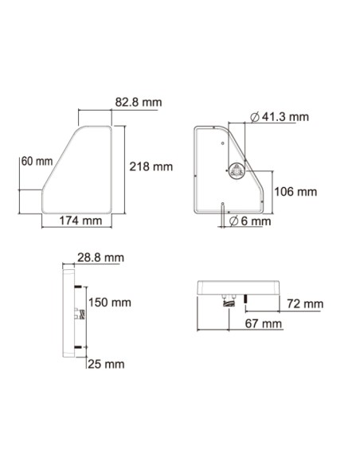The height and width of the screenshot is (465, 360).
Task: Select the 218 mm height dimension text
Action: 151,166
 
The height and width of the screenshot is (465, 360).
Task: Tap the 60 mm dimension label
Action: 37,161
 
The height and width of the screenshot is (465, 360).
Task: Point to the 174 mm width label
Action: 80,221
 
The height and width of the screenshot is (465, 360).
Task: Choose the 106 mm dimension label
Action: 295,192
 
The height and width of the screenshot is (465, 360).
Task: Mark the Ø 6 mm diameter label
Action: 249,221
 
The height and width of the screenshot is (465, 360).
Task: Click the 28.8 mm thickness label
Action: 100,258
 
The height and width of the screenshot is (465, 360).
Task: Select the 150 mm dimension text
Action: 110,303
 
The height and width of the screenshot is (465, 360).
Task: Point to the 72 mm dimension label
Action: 305,304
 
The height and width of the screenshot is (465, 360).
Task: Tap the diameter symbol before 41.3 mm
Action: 254,117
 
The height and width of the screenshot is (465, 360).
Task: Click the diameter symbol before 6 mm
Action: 234,221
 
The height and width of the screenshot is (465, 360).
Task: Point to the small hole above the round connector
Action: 222,143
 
